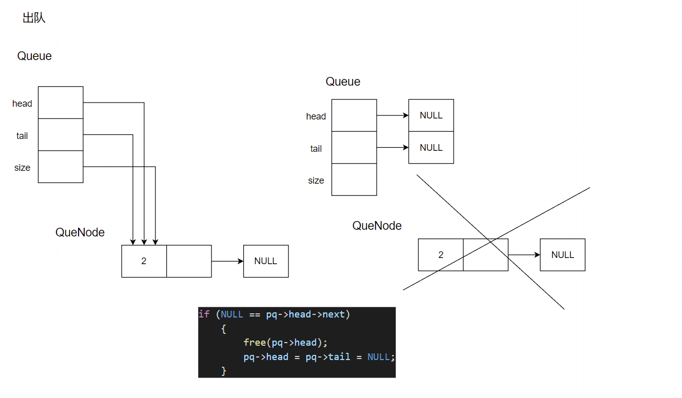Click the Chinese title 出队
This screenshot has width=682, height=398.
[34, 18]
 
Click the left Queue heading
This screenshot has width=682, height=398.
[34, 56]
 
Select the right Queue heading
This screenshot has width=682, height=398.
[343, 82]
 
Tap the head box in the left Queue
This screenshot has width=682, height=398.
[61, 103]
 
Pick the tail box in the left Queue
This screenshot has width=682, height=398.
[61, 134]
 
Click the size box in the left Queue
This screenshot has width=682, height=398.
[61, 167]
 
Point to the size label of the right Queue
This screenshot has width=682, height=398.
[316, 181]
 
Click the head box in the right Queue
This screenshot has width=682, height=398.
[354, 115]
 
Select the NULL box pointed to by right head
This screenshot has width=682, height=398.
[431, 115]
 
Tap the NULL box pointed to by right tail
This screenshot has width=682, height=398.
[431, 148]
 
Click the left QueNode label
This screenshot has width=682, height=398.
[80, 232]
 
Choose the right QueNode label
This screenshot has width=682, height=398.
[377, 226]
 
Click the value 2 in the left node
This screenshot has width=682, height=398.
[144, 261]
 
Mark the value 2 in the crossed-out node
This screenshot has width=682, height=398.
[441, 255]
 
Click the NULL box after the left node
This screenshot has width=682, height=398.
[266, 261]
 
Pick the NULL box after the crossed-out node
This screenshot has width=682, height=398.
[562, 255]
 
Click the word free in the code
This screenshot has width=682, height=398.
[255, 342]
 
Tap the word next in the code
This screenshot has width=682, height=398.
[334, 314]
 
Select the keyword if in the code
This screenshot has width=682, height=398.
[204, 314]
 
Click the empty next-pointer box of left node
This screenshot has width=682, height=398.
[189, 261]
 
